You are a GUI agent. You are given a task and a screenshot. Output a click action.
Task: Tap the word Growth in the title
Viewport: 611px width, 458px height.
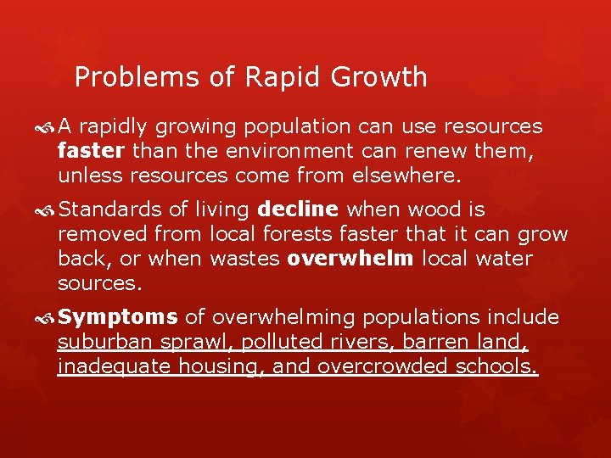pos(380,78)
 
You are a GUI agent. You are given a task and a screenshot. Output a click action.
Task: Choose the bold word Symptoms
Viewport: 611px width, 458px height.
pos(119,317)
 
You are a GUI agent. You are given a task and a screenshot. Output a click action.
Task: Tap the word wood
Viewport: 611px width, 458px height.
pos(429,209)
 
